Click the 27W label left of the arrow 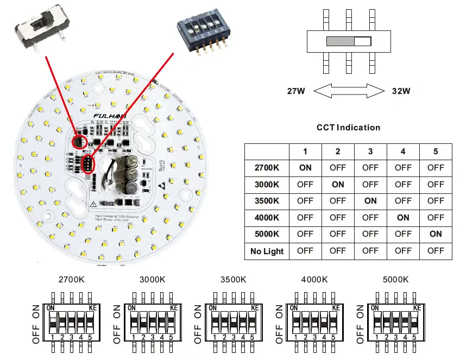(296, 91)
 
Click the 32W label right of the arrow (401, 91)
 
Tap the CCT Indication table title (348, 128)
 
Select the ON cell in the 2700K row (305, 168)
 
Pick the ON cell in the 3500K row (370, 201)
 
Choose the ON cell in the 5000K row (436, 234)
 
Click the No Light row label (267, 251)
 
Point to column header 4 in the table (403, 151)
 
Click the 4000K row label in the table (267, 218)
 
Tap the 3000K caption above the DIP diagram (152, 280)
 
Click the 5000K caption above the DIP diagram (395, 280)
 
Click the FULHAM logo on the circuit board (111, 116)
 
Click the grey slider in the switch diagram (340, 41)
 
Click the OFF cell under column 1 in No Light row (305, 251)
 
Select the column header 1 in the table (305, 151)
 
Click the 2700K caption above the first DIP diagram (72, 280)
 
